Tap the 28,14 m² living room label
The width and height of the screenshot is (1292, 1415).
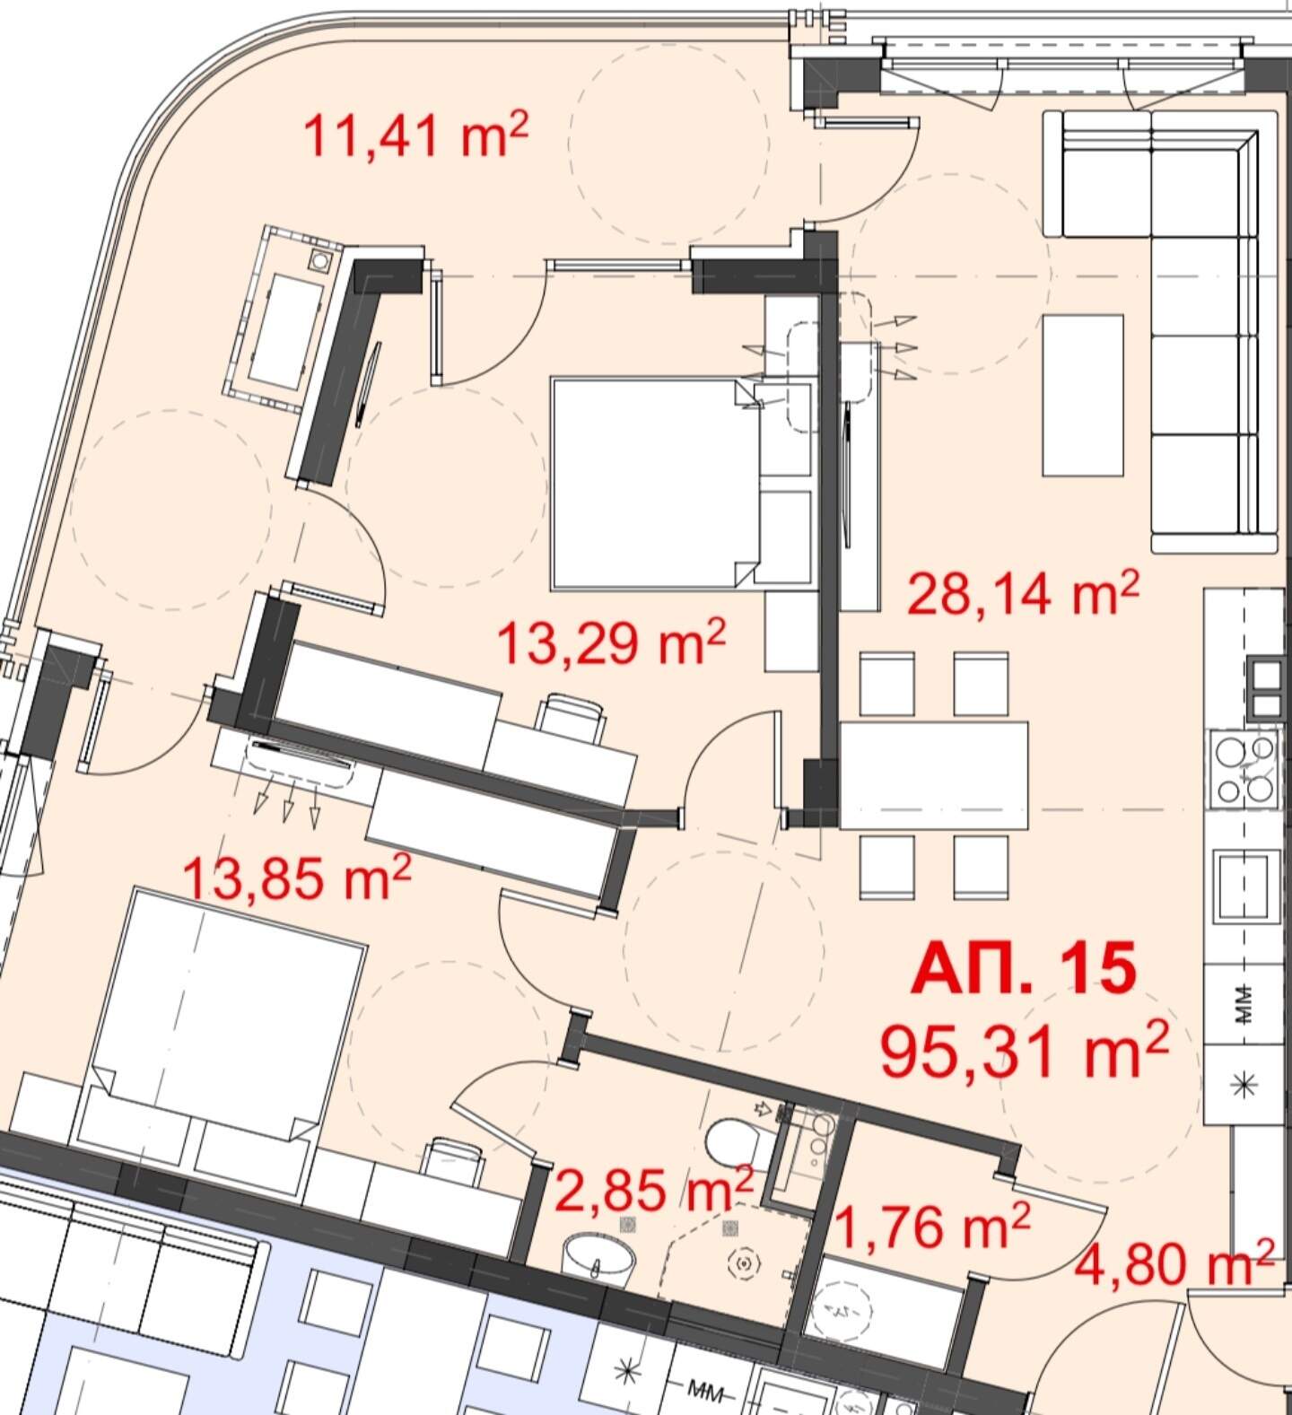click(1023, 593)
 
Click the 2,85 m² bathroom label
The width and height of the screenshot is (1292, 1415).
click(654, 1190)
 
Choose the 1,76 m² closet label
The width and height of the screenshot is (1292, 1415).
click(931, 1226)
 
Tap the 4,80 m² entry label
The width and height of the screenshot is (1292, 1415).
click(1174, 1262)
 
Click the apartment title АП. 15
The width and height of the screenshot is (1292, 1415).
click(1024, 969)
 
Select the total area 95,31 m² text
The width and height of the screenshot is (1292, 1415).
click(1025, 1051)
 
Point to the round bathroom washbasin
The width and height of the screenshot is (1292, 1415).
click(598, 1253)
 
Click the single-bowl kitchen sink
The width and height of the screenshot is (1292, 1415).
click(1243, 886)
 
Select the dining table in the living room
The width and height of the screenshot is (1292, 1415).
click(934, 774)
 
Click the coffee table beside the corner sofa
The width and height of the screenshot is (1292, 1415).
click(1083, 395)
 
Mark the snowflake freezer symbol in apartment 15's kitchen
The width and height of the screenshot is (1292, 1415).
click(1244, 1085)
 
